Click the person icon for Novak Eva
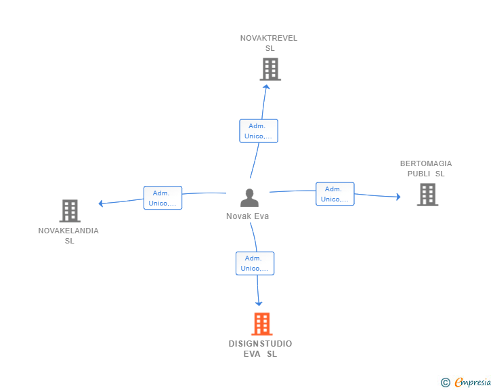249,197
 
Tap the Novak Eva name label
247,216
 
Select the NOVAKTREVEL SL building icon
270,69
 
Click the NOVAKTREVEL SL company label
269,43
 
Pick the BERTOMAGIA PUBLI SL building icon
427,195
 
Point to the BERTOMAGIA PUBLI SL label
426,168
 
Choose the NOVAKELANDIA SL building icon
70,211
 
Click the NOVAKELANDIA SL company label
68,235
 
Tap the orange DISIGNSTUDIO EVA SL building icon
262,324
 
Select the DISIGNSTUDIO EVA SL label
260,349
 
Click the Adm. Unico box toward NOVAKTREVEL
259,131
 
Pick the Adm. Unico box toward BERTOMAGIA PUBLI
335,194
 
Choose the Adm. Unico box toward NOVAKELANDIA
163,198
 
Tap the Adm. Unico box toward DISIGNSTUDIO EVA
255,263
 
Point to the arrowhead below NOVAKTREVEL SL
266,87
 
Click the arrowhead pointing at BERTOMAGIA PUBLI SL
398,197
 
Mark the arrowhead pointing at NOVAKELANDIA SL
101,203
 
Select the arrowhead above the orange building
259,304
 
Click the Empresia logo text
473,382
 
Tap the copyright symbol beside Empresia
446,383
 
